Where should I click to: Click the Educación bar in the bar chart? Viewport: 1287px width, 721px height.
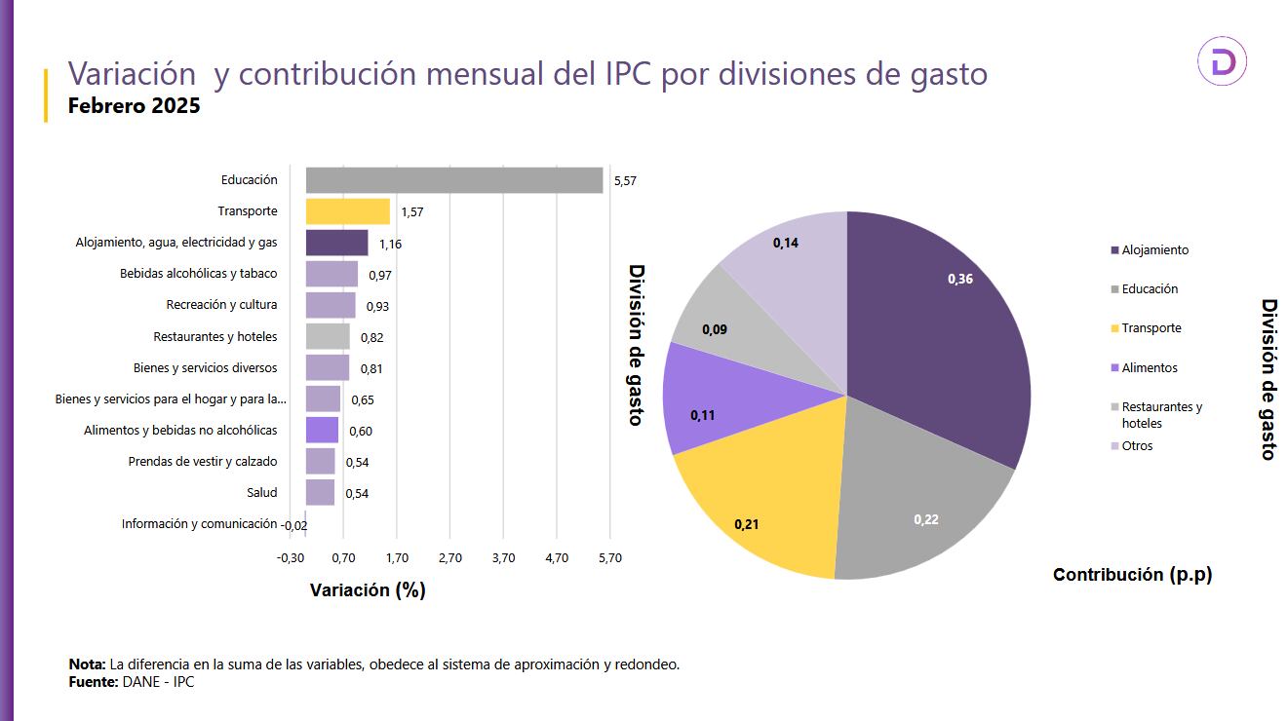coord(453,180)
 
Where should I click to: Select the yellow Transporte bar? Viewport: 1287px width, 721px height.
coord(347,211)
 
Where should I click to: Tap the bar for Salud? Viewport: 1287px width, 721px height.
coord(320,492)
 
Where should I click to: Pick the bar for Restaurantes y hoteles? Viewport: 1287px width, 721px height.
coord(328,336)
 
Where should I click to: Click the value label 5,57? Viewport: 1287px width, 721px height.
coord(624,181)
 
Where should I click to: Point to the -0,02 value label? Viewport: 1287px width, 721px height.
coord(293,525)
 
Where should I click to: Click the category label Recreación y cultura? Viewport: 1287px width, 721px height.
coord(221,305)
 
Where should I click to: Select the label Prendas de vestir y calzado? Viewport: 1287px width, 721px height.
coord(202,461)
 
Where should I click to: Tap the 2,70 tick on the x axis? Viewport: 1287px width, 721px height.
coord(449,558)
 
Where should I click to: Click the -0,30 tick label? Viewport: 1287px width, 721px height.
coord(291,558)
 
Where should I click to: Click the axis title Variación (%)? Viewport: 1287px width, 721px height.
coord(368,590)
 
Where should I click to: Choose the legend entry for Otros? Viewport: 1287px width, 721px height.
coord(1137,446)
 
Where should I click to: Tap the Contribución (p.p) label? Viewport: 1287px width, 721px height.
coord(1132,575)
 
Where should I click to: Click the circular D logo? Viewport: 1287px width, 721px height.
coord(1222,63)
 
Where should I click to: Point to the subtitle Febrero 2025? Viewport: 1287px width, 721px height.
coord(134,106)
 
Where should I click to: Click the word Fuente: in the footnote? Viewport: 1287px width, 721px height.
coord(93,682)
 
